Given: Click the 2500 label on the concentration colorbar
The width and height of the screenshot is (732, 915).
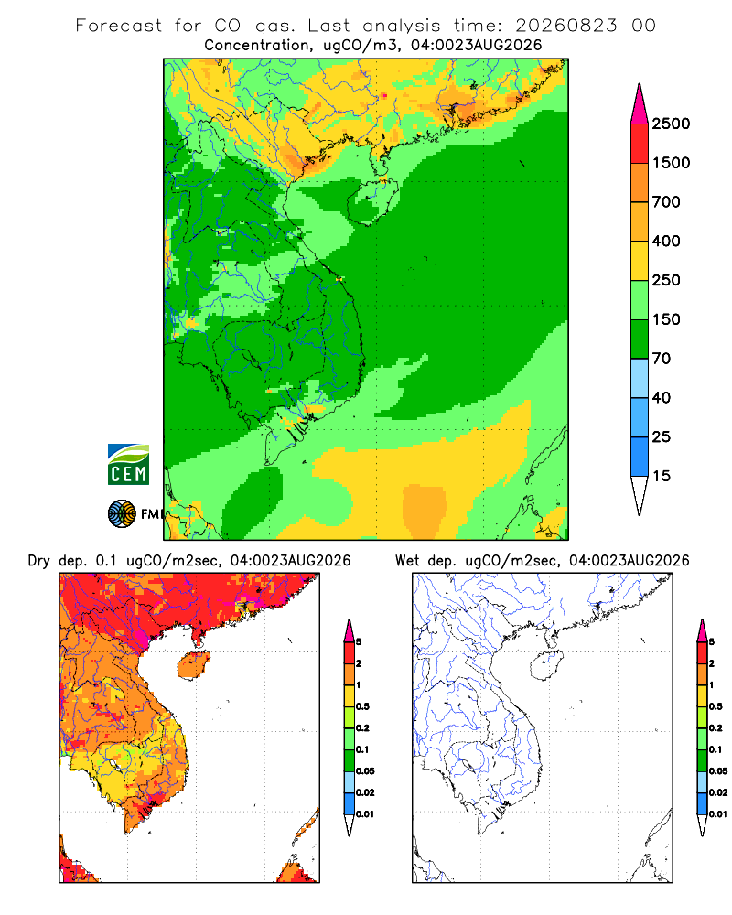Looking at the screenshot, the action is (x=671, y=124).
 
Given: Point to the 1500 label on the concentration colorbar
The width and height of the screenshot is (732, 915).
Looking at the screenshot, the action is (x=671, y=163).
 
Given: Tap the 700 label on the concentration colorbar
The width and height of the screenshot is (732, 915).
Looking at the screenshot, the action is (x=666, y=202).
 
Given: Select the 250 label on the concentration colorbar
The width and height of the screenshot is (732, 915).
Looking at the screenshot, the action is (x=666, y=280).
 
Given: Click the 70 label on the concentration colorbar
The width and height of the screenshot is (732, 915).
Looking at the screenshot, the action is (x=662, y=359).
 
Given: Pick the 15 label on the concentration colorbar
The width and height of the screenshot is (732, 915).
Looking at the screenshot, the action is (x=662, y=476).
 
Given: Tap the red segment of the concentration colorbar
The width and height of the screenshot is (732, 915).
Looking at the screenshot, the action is (x=640, y=144).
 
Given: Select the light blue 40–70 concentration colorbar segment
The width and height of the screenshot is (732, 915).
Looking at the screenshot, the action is (x=640, y=378).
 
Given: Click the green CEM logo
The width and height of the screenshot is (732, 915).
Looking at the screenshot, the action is (x=128, y=465).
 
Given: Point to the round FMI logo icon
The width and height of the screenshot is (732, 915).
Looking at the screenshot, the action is (x=122, y=514).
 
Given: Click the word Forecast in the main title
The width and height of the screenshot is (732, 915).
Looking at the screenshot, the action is (x=119, y=26).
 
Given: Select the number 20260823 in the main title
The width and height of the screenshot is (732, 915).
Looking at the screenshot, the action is (x=565, y=26).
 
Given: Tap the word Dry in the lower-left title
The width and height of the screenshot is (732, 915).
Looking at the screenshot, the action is (x=39, y=561).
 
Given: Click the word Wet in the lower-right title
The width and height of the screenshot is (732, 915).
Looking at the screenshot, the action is (x=407, y=561).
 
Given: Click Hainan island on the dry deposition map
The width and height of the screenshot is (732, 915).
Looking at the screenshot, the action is (x=193, y=666).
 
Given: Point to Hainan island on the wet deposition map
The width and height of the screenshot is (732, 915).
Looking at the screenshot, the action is (x=546, y=666).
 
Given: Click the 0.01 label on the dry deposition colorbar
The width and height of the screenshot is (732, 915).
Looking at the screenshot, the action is (x=365, y=814).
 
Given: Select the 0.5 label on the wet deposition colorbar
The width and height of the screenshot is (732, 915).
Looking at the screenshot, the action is (x=716, y=706).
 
